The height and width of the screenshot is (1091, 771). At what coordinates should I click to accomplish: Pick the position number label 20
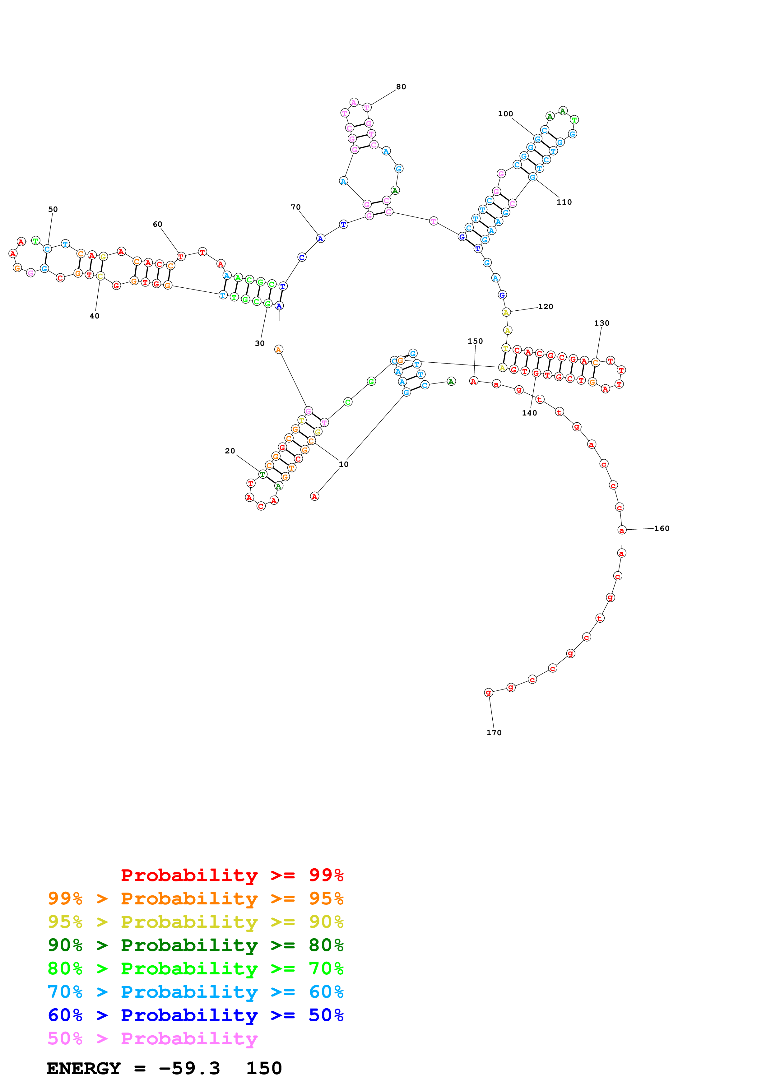pos(230,451)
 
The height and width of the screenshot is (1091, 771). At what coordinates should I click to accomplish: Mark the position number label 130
pos(601,323)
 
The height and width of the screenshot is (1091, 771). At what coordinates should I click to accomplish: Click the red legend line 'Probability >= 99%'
pos(232,875)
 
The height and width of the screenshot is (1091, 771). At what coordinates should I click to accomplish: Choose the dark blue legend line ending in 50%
pos(195,1015)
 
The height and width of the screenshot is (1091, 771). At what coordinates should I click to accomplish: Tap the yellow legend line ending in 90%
pos(195,922)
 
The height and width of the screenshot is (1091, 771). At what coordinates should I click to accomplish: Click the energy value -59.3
pos(189,1068)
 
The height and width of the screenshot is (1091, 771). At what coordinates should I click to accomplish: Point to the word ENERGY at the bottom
pos(84,1068)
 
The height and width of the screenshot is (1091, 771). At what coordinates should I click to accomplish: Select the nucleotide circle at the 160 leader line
pos(622,530)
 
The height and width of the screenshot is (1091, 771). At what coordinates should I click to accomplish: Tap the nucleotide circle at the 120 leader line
pos(506,312)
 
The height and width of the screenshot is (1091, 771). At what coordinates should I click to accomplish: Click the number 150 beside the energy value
pos(264,1068)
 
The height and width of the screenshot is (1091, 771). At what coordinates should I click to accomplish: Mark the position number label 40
pos(95,316)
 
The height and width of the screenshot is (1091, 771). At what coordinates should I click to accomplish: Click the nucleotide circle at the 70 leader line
pos(321,239)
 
